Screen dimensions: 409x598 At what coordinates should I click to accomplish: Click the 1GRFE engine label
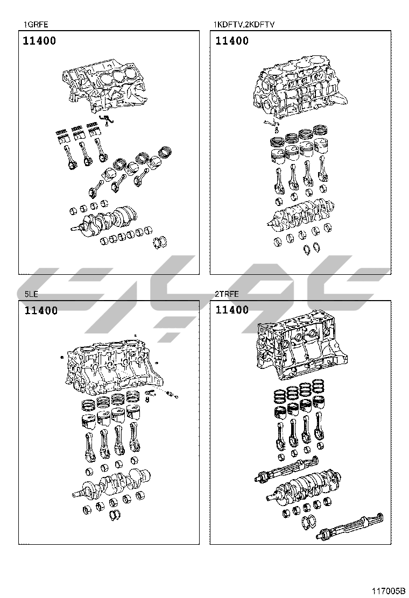point(36,24)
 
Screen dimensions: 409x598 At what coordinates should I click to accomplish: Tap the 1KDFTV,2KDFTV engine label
point(244,24)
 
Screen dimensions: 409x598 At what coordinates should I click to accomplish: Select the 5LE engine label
point(31,294)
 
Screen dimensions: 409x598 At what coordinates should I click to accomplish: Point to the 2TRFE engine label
point(227,294)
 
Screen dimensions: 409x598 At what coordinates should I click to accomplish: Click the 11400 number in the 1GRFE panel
point(39,41)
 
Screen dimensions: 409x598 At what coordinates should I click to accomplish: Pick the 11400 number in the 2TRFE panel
point(232,310)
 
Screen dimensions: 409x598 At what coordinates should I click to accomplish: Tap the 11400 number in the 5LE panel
point(41,310)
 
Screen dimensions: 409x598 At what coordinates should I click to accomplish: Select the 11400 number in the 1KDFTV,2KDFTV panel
point(232,41)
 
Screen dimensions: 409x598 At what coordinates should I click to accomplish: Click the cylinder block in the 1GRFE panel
point(104,87)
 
